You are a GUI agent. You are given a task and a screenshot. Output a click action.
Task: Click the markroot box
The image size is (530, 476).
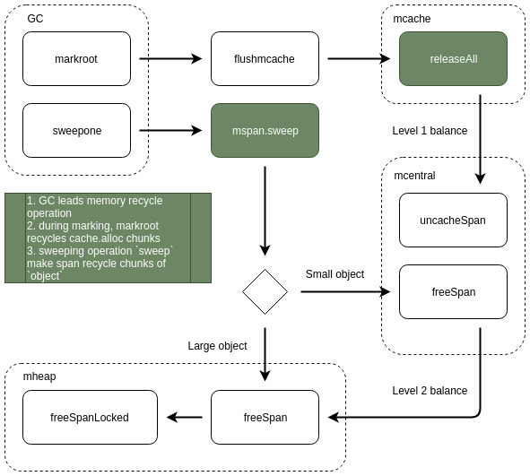click(x=76, y=59)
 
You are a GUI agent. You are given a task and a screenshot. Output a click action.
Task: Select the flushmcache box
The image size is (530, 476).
click(x=265, y=59)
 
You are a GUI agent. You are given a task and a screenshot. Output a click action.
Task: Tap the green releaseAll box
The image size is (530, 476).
click(x=453, y=59)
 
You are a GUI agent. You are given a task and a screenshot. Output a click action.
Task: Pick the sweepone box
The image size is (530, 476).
click(x=76, y=130)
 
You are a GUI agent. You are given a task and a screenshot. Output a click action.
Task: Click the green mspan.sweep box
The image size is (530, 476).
click(x=265, y=130)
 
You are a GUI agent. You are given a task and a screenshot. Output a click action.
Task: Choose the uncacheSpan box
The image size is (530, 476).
click(x=453, y=221)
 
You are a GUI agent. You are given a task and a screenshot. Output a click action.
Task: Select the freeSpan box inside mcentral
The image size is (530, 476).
click(x=453, y=292)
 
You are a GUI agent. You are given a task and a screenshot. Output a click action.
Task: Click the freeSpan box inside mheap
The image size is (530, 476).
click(x=265, y=417)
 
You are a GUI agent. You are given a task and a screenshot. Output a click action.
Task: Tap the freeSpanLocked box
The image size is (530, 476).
click(x=90, y=417)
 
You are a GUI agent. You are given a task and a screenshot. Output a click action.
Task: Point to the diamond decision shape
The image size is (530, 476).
click(x=265, y=292)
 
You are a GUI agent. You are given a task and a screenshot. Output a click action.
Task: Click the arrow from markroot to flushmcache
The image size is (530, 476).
click(x=170, y=59)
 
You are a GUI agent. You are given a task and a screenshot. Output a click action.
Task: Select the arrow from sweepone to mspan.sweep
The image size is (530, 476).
click(x=170, y=130)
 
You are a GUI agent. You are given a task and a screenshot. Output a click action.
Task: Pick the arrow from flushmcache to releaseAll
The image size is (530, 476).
click(x=359, y=59)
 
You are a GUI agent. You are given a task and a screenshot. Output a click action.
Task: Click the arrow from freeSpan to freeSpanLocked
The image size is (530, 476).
click(x=184, y=417)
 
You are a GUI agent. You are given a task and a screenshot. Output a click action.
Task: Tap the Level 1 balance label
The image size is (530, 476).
click(x=430, y=131)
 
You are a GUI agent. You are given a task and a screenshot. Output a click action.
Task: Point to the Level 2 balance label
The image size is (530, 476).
click(x=430, y=391)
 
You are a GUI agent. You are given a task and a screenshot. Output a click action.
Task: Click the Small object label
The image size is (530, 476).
click(x=335, y=274)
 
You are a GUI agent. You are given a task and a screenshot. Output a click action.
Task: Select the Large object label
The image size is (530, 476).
click(x=217, y=346)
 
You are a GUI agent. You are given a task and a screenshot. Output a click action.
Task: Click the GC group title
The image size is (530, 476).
click(x=35, y=19)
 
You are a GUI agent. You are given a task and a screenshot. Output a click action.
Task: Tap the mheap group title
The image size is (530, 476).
click(x=39, y=376)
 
